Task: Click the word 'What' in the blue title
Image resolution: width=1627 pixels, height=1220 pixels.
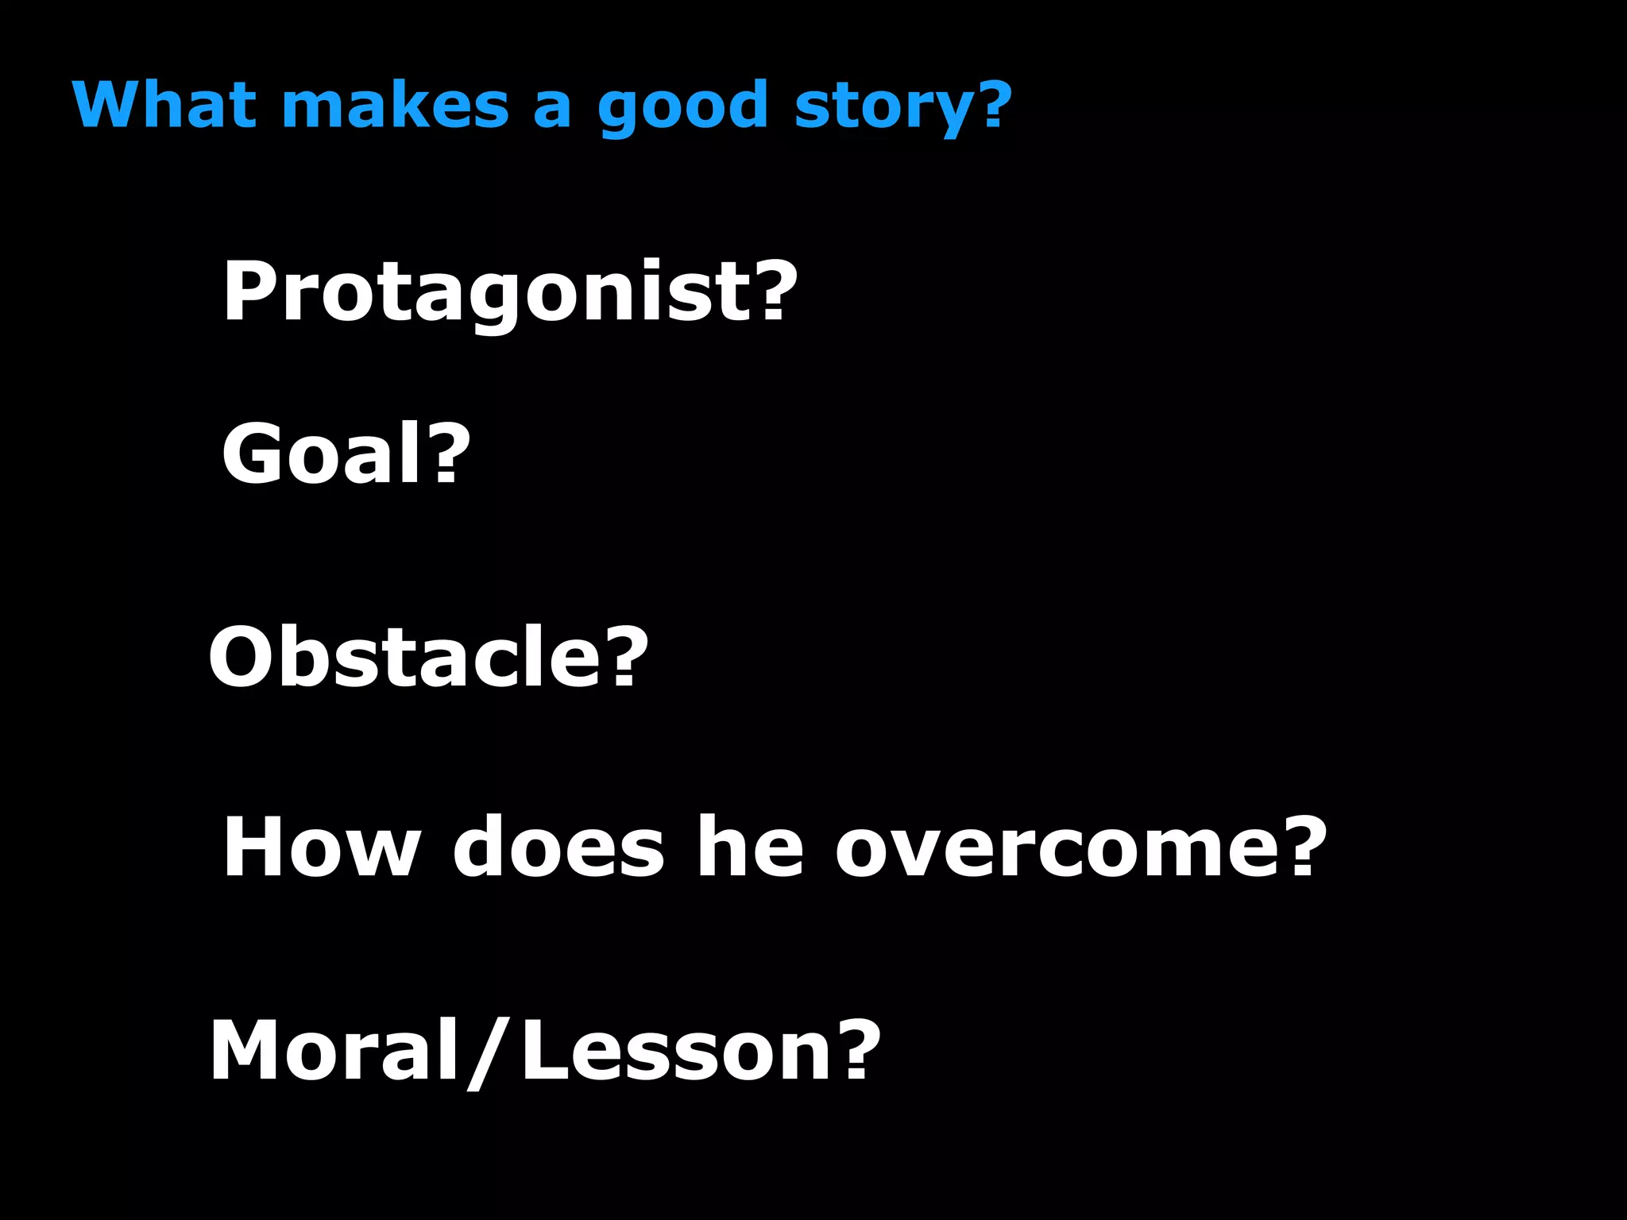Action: (x=164, y=104)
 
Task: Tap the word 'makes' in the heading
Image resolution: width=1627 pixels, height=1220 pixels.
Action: (x=395, y=104)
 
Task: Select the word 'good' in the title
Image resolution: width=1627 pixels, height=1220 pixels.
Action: (x=682, y=107)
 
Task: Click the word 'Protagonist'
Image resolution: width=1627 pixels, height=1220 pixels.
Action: (x=486, y=292)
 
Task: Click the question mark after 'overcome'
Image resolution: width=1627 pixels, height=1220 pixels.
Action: (x=1304, y=847)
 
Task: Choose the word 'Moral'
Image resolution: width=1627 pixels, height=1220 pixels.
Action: (x=334, y=1052)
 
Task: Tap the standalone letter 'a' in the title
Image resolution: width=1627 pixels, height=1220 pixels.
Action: (x=551, y=109)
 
